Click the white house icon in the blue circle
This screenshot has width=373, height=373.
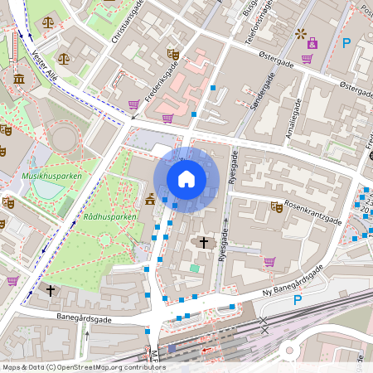186,178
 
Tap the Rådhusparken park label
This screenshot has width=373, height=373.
109,217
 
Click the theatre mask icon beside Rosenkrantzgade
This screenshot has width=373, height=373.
277,206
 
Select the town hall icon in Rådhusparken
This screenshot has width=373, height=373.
150,199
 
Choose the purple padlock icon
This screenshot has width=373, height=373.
312,42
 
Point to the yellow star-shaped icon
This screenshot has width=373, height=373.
299,33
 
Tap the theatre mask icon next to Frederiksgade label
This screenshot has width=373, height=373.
173,54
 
